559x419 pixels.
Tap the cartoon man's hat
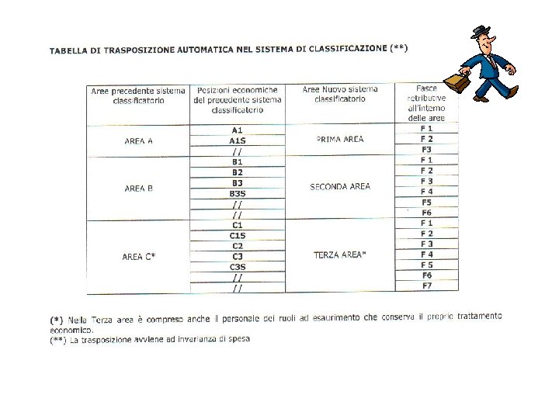[x=482, y=32]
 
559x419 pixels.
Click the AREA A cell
[x=138, y=141]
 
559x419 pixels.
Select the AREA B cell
[x=138, y=189]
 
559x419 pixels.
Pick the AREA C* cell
[x=138, y=257]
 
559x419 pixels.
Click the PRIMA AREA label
[x=340, y=140]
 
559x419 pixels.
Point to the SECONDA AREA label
[x=340, y=187]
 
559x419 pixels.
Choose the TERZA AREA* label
[x=340, y=255]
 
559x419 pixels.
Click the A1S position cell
[x=238, y=141]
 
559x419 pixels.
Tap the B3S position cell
[x=238, y=193]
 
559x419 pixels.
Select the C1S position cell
[x=238, y=235]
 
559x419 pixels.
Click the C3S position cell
[x=238, y=267]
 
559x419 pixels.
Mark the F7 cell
[x=426, y=286]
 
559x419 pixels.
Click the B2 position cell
[x=238, y=172]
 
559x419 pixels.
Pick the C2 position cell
[x=238, y=246]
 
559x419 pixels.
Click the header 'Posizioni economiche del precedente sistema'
[x=238, y=99]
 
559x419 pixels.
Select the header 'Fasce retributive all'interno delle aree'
[x=426, y=103]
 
